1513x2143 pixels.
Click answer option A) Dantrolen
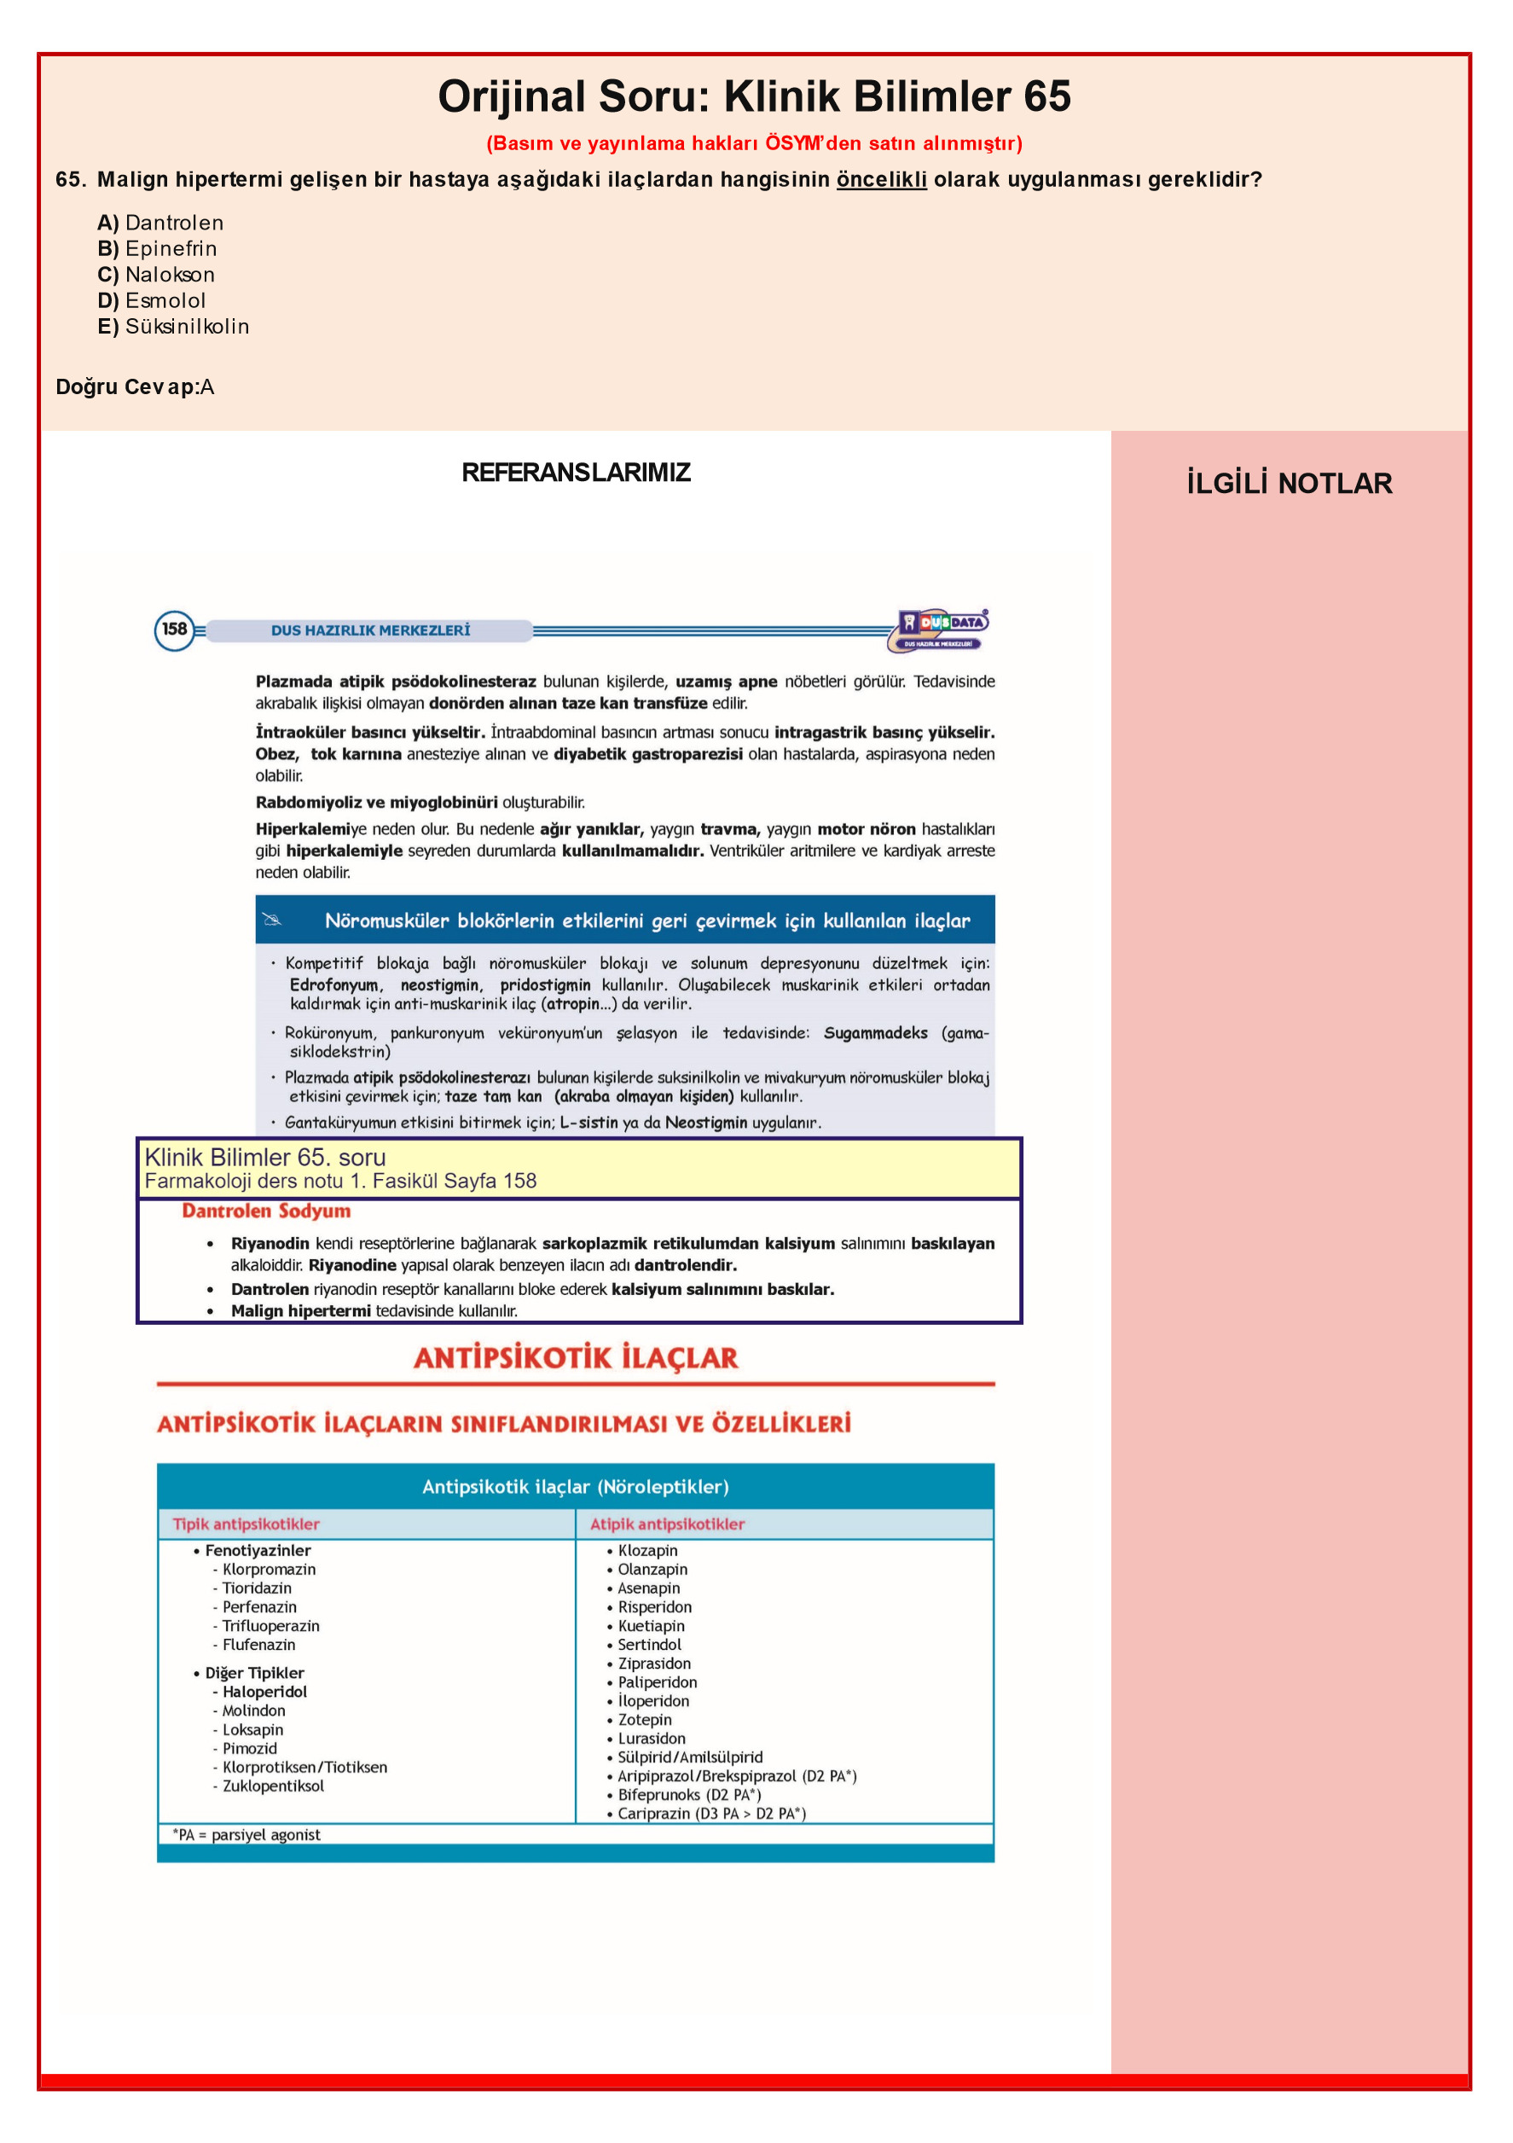click(x=160, y=223)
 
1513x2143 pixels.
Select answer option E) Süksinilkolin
click(x=174, y=327)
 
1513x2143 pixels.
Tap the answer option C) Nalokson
click(x=156, y=275)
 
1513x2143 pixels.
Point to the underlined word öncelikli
click(x=881, y=179)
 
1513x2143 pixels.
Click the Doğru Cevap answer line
click(x=136, y=387)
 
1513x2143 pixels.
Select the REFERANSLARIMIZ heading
click(x=576, y=473)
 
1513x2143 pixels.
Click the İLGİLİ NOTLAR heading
click(x=1289, y=484)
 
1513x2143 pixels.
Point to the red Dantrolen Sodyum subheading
click(x=266, y=1211)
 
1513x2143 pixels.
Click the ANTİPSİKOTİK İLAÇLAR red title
click(x=576, y=1358)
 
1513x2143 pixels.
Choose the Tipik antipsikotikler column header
click(x=246, y=1524)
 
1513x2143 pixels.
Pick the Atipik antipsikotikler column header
click(x=667, y=1524)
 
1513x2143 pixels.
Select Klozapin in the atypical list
click(x=648, y=1550)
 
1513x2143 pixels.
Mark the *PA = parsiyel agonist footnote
click(x=246, y=1835)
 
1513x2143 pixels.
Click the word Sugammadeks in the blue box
click(x=876, y=1033)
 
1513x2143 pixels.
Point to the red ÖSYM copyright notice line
click(x=754, y=143)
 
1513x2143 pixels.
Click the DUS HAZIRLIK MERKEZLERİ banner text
click(x=370, y=631)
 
